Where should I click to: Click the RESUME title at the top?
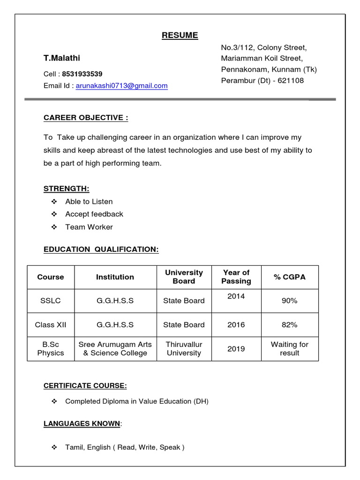pyautogui.click(x=180, y=36)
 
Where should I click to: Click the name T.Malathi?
pyautogui.click(x=62, y=58)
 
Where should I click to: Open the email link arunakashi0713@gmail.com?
pyautogui.click(x=121, y=86)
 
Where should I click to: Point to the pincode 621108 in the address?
pyautogui.click(x=291, y=81)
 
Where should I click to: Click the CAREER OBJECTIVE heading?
pyautogui.click(x=86, y=118)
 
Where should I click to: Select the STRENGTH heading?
pyautogui.click(x=66, y=189)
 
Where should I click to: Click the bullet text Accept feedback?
pyautogui.click(x=94, y=214)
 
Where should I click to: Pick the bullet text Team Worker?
pyautogui.click(x=89, y=227)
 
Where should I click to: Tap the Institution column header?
pyautogui.click(x=115, y=277)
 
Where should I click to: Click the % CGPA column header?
pyautogui.click(x=289, y=277)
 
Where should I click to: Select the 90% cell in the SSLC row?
pyautogui.click(x=289, y=301)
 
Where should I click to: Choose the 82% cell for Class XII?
pyautogui.click(x=289, y=325)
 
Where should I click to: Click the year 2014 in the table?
pyautogui.click(x=236, y=297)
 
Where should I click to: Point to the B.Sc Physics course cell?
pyautogui.click(x=51, y=349)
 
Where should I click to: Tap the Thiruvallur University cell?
pyautogui.click(x=184, y=349)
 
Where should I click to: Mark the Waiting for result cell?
pyautogui.click(x=289, y=349)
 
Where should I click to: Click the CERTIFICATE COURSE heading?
pyautogui.click(x=85, y=386)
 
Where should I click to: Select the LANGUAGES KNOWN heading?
pyautogui.click(x=82, y=424)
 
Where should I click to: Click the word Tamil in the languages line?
pyautogui.click(x=74, y=448)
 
